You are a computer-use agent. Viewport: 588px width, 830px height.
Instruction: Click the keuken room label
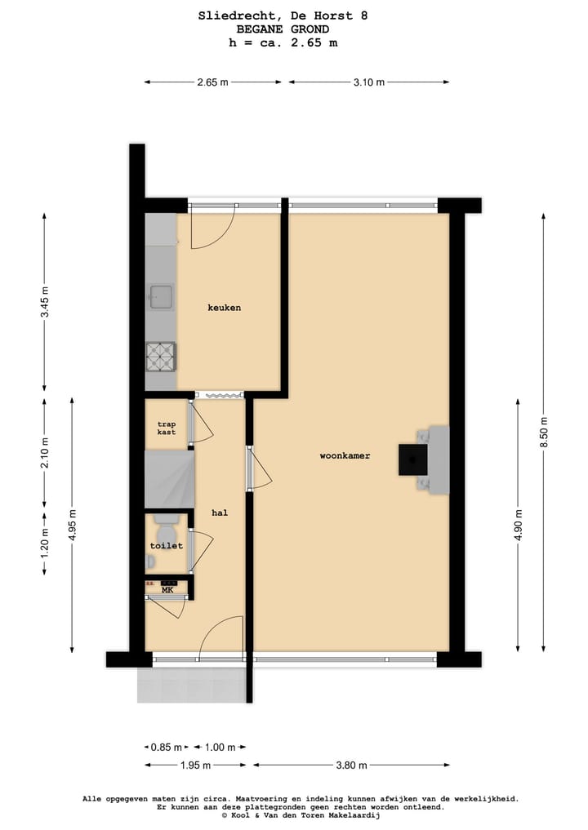pyautogui.click(x=224, y=308)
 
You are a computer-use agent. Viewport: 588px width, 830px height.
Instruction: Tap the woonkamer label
pyautogui.click(x=345, y=456)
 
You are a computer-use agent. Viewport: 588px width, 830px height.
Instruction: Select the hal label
pyautogui.click(x=219, y=513)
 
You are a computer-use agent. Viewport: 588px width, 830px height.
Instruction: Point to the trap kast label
pyautogui.click(x=167, y=428)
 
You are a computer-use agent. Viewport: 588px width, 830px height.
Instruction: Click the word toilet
pyautogui.click(x=166, y=545)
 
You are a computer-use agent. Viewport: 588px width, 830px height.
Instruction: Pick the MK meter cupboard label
pyautogui.click(x=167, y=590)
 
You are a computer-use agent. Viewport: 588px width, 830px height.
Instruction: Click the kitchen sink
pyautogui.click(x=161, y=297)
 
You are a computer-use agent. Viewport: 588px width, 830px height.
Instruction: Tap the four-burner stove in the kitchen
pyautogui.click(x=161, y=356)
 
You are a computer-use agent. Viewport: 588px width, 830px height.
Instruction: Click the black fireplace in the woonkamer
pyautogui.click(x=412, y=459)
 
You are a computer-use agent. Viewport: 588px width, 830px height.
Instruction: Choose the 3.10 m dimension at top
pyautogui.click(x=368, y=82)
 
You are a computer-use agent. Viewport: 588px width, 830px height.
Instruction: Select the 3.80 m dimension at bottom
pyautogui.click(x=350, y=765)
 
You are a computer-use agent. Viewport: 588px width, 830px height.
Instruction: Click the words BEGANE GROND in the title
pyautogui.click(x=267, y=29)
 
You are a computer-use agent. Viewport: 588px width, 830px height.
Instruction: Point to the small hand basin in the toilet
pyautogui.click(x=151, y=561)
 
